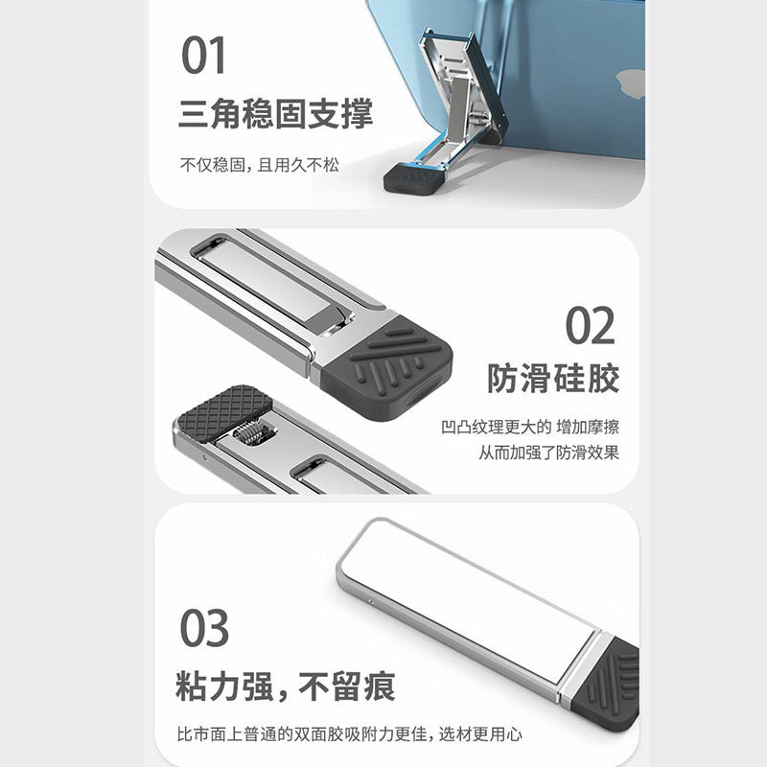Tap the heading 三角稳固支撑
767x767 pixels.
tap(276, 114)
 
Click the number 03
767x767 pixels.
tap(204, 629)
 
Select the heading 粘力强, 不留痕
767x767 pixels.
tap(287, 687)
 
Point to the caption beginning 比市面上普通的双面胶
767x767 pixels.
tap(350, 735)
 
